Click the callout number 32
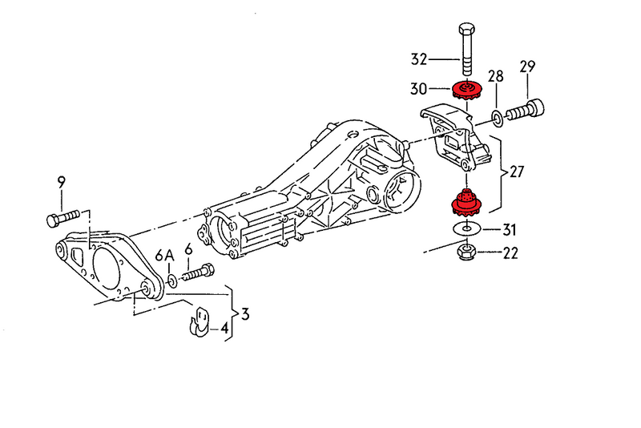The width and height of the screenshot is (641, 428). (419, 59)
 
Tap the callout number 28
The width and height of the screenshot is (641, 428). (496, 77)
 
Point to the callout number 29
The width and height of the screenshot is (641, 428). (527, 67)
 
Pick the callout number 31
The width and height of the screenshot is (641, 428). (510, 230)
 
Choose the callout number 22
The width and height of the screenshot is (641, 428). (510, 254)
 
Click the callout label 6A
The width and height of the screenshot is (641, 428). (164, 256)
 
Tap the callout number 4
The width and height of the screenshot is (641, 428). (225, 328)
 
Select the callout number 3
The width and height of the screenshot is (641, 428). (244, 313)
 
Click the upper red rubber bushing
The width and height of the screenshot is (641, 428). (464, 91)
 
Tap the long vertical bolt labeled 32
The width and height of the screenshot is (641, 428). (467, 49)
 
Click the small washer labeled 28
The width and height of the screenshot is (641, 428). (498, 119)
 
